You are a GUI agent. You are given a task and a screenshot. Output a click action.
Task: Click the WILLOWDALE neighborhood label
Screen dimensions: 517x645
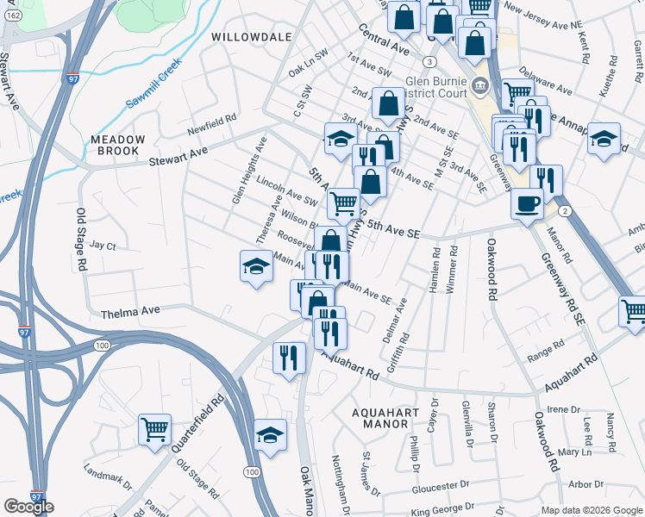246,38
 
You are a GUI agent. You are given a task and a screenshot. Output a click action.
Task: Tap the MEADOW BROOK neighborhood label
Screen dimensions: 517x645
118,145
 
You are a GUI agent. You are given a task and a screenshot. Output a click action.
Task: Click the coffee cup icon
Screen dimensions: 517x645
527,203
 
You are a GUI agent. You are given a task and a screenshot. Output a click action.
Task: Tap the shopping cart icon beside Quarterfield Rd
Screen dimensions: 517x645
155,428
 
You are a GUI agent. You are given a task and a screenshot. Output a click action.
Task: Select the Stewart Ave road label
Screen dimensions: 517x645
178,155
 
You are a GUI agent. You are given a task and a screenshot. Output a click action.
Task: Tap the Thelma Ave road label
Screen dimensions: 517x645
132,311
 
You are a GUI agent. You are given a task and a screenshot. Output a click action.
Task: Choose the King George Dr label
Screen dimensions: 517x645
442,509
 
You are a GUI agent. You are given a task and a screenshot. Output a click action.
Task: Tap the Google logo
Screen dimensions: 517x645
28,507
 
